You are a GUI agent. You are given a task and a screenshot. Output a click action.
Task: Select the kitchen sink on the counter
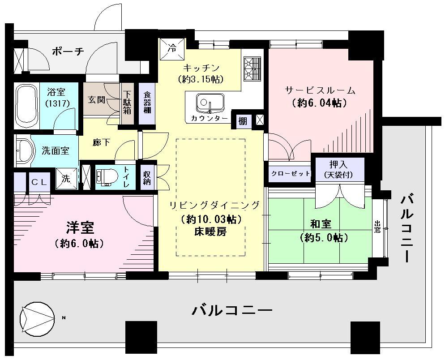coord(209,103)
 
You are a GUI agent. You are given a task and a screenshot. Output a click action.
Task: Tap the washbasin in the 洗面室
coord(25,150)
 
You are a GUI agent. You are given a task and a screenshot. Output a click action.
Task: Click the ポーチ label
coord(68,51)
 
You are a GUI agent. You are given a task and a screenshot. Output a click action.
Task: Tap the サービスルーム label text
coord(320,90)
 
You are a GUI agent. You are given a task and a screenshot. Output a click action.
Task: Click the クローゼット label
coord(290,174)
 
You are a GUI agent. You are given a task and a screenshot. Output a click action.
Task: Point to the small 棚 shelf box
coord(242,120)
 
